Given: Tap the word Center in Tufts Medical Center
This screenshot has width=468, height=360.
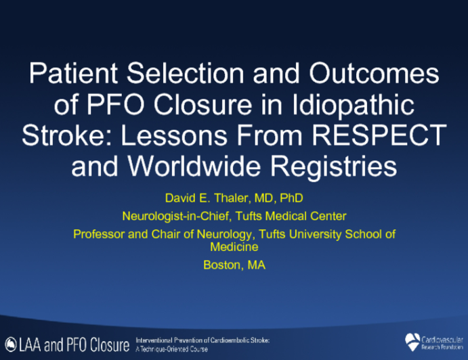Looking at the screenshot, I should coord(329,217).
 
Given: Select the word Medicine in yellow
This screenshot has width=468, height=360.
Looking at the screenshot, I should coord(234,248).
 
